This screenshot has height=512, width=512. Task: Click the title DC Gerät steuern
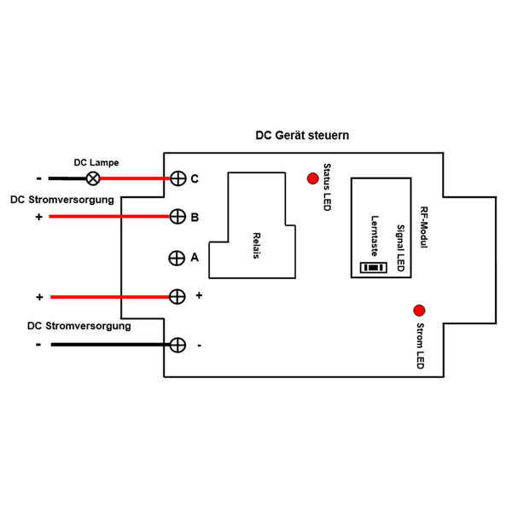tap(302, 136)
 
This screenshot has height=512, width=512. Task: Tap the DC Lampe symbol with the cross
tap(93, 178)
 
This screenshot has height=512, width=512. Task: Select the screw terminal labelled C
tap(177, 178)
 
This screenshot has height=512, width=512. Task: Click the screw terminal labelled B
tap(177, 217)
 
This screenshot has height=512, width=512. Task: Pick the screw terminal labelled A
tap(177, 257)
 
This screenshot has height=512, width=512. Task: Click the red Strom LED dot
tap(419, 310)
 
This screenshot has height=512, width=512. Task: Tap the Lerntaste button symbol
tap(373, 267)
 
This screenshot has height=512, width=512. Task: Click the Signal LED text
tap(399, 244)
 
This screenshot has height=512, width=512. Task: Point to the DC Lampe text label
tap(96, 162)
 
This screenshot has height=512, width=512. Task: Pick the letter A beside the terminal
tap(195, 256)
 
